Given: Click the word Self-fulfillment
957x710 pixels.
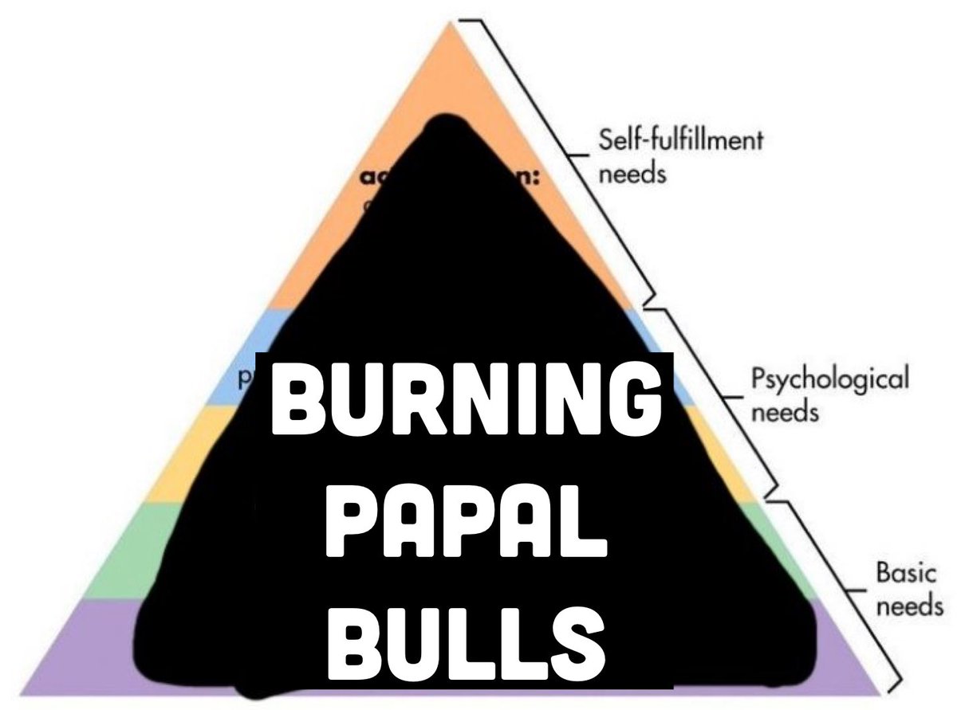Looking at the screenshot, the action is [680, 142].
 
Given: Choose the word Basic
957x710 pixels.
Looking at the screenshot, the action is [900, 573].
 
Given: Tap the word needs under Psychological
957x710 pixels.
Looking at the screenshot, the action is [785, 414].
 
